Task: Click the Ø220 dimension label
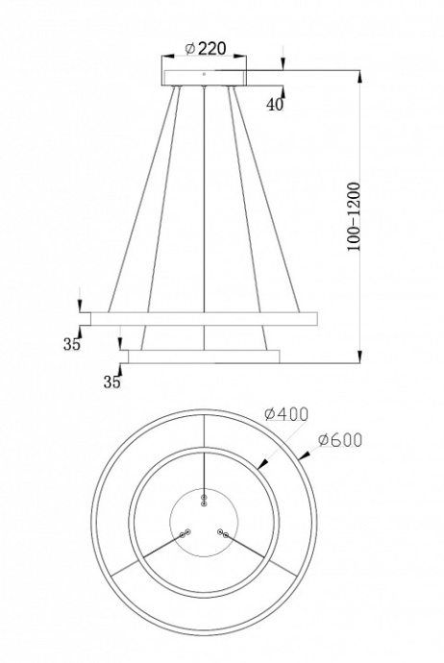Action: point(205,49)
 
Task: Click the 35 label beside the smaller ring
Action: point(111,381)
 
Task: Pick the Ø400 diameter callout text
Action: point(285,415)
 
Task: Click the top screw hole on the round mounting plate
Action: point(204,500)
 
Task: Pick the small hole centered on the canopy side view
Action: point(204,74)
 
